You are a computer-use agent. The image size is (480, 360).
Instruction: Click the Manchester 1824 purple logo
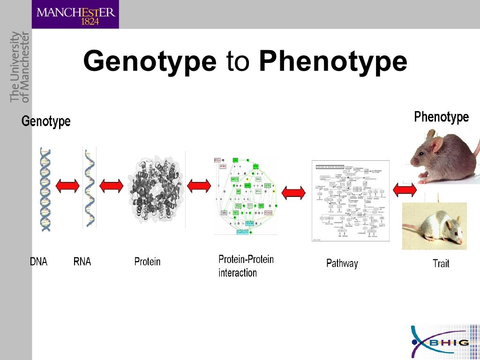(x=75, y=14)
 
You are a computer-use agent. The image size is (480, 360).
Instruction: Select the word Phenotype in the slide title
(x=333, y=62)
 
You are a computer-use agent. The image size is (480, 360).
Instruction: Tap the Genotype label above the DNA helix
(x=46, y=121)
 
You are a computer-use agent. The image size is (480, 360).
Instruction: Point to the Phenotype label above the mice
(x=441, y=117)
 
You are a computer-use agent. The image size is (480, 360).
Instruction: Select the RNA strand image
(x=89, y=187)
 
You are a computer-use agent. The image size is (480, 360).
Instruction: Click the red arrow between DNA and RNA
(x=67, y=186)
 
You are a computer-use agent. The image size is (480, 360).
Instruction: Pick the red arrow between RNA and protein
(x=111, y=186)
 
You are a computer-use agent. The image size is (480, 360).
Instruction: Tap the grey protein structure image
(x=157, y=189)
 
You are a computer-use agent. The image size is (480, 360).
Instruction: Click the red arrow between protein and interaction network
(x=199, y=186)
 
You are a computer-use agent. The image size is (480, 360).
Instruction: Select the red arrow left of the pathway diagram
(x=293, y=192)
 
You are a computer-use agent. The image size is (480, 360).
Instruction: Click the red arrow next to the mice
(x=405, y=190)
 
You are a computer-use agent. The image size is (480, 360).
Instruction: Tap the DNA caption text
(x=38, y=262)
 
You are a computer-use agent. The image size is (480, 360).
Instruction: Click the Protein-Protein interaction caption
(x=246, y=266)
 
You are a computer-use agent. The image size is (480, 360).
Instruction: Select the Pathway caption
(x=342, y=263)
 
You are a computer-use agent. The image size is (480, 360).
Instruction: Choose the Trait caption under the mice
(x=441, y=263)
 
